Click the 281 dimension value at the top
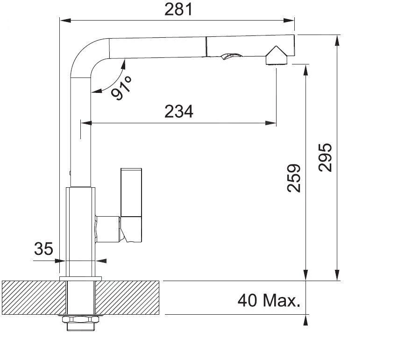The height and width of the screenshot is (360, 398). pos(178,9)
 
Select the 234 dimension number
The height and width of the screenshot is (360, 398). pos(178,112)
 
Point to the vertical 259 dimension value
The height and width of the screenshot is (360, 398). pos(293,178)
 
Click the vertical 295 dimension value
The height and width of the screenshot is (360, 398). pos(325,157)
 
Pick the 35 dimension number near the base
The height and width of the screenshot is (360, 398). pos(43,249)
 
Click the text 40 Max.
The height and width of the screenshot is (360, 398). pos(268,300)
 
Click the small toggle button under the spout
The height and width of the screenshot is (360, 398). pos(226,57)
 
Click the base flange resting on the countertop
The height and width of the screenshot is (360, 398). pos(81,279)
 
